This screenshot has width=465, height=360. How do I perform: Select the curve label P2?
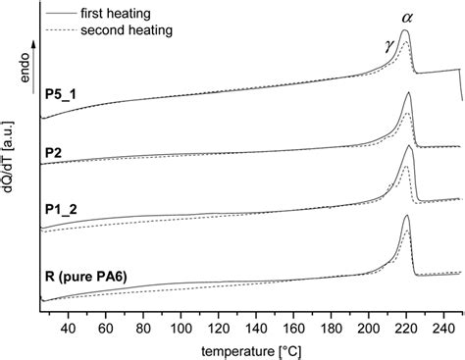[x=54, y=154]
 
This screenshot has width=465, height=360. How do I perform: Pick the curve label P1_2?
[x=61, y=209]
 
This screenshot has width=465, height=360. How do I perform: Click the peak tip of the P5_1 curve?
[x=405, y=31]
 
